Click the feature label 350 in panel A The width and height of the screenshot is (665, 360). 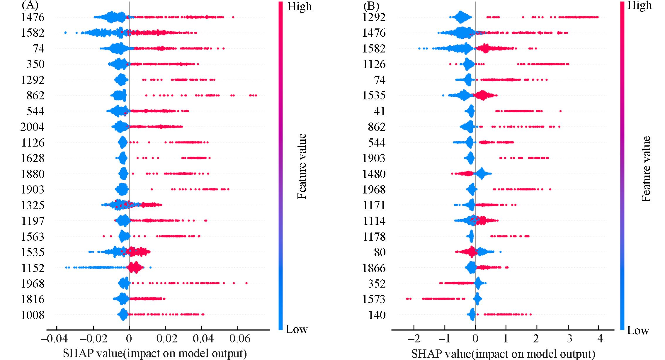coord(35,64)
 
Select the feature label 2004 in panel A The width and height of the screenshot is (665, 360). coord(33,127)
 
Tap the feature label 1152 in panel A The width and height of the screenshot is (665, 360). coord(33,268)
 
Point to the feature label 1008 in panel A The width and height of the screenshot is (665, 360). coord(33,315)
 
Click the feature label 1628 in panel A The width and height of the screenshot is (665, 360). coord(33,158)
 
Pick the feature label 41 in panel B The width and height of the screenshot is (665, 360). coord(380,111)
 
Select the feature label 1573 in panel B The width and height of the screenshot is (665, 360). coord(374,299)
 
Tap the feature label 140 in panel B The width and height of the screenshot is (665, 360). coord(377,315)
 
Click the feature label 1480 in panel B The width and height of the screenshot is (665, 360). coord(374,174)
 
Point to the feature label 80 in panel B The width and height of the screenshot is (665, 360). coord(380,252)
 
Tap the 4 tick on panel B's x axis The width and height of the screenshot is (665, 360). coord(600,339)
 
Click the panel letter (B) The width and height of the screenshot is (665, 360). coord(371,6)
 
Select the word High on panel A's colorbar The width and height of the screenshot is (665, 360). coord(300,6)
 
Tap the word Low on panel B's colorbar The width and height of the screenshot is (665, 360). coord(638,331)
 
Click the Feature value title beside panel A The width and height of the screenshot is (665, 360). coord(302,167)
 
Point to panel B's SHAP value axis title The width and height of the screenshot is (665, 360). coord(503,354)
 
